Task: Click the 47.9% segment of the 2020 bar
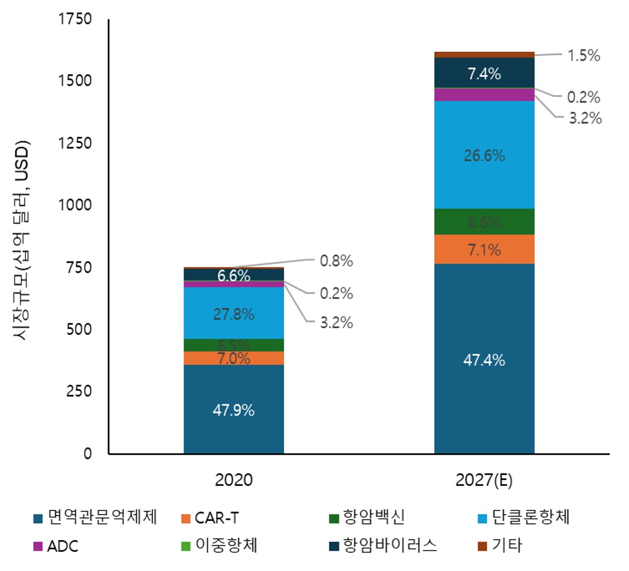click(x=233, y=410)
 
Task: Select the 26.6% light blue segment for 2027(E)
click(x=484, y=156)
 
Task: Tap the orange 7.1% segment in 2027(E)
click(x=484, y=249)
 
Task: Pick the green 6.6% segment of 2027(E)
click(x=484, y=222)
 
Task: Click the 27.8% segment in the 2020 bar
click(x=233, y=314)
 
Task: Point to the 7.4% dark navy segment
click(x=484, y=74)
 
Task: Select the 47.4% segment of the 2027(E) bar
click(x=484, y=360)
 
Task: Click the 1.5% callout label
click(x=583, y=55)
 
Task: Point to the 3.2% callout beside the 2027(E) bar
click(x=584, y=118)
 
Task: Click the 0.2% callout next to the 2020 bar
click(x=336, y=294)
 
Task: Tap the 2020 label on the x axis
click(x=233, y=480)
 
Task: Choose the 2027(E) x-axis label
click(x=484, y=480)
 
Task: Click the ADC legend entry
click(x=56, y=546)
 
